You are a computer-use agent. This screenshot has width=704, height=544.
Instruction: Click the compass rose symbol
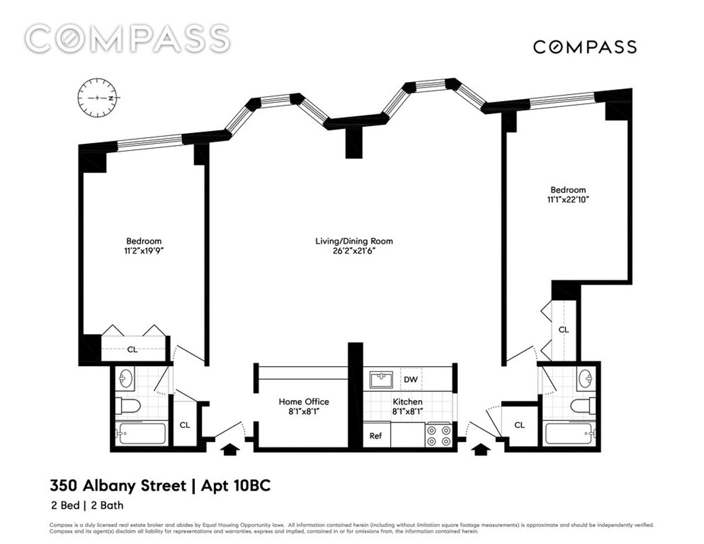(x=99, y=98)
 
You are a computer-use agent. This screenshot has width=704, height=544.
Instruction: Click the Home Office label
(x=303, y=401)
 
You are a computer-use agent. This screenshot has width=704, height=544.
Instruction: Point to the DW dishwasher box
(x=411, y=380)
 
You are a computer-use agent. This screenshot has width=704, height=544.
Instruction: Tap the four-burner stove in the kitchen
(x=438, y=435)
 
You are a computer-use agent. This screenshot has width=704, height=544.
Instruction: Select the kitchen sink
(x=381, y=380)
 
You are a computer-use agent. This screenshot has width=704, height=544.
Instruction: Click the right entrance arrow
(x=481, y=450)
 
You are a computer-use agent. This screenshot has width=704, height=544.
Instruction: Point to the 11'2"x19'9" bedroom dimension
(x=144, y=251)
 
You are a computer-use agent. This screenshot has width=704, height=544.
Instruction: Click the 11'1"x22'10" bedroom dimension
(x=567, y=200)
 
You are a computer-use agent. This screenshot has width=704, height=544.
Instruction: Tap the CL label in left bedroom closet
(x=133, y=349)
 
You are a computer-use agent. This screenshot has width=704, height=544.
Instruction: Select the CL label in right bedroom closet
(x=563, y=330)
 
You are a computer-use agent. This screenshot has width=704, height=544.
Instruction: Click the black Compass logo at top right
(x=584, y=47)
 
